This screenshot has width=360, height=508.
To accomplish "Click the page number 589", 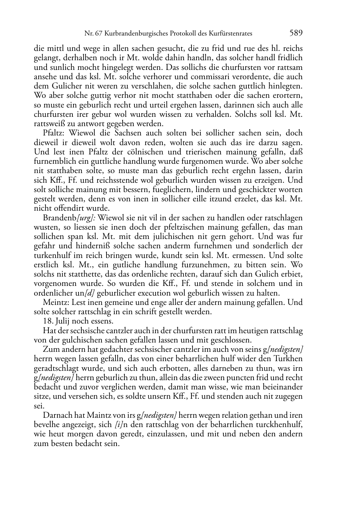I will pyautogui.click(x=296, y=33).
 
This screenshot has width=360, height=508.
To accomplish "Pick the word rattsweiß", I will pyautogui.click(x=51, y=124).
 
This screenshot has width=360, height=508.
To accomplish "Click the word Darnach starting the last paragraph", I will pyautogui.click(x=58, y=416).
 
